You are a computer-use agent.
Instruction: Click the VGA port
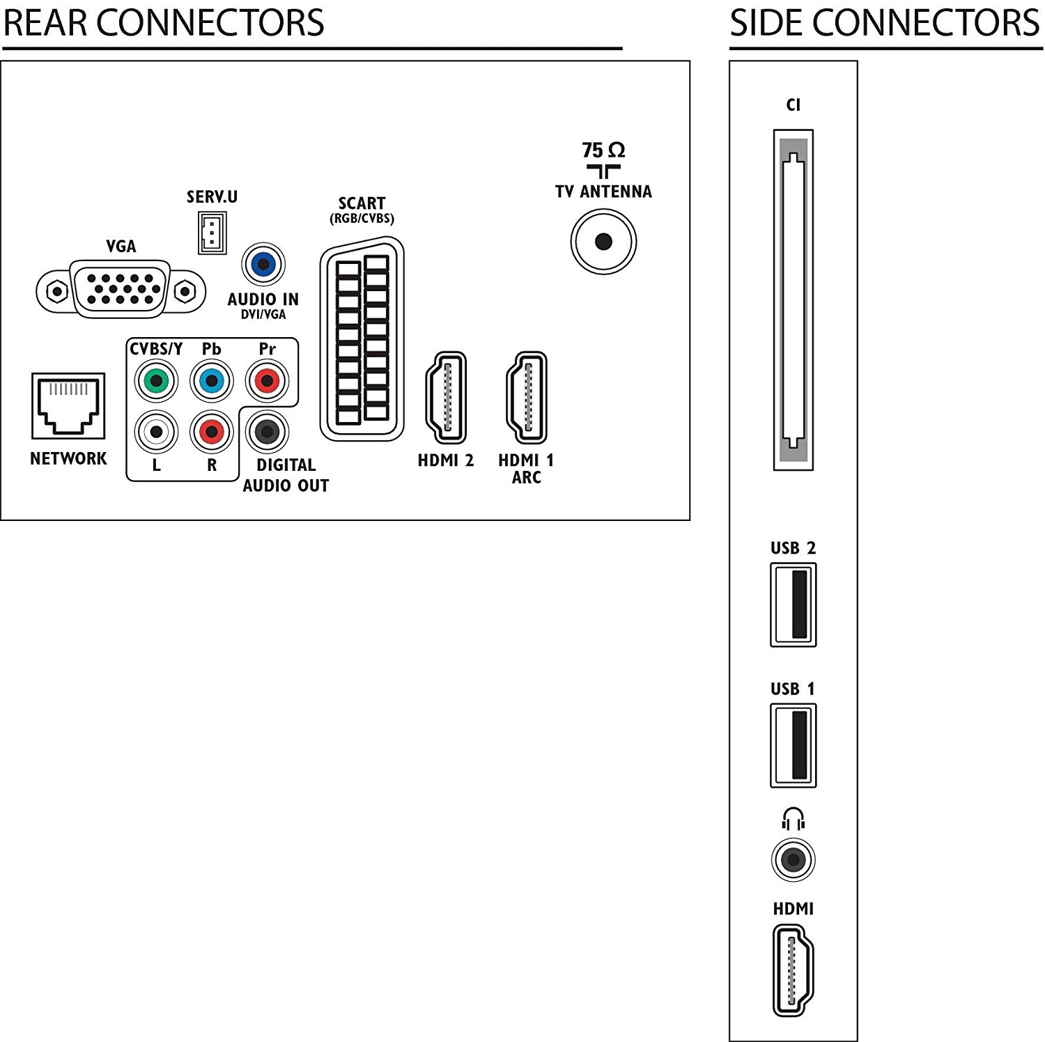[121, 290]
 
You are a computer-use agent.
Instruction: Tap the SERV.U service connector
[212, 233]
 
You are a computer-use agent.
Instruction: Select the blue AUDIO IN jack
[263, 264]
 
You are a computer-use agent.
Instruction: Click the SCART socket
[362, 339]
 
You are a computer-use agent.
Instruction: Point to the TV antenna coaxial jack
[603, 242]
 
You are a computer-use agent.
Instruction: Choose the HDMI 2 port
[446, 397]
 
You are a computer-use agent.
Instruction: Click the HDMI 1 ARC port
[527, 397]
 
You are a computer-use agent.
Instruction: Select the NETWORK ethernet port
[68, 406]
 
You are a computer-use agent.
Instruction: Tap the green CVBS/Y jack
[156, 381]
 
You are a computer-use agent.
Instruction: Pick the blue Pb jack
[212, 381]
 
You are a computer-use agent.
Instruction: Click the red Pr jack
[267, 381]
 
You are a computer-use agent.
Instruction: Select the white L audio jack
[156, 432]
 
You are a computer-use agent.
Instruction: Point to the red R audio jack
[212, 432]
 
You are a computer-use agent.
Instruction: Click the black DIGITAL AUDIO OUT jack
[267, 432]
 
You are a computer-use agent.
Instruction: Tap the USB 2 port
[794, 605]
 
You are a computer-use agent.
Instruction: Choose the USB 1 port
[794, 745]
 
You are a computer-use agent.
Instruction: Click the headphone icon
[794, 819]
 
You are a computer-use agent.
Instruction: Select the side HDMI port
[794, 970]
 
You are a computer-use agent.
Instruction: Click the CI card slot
[794, 300]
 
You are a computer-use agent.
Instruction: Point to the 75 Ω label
[603, 150]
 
